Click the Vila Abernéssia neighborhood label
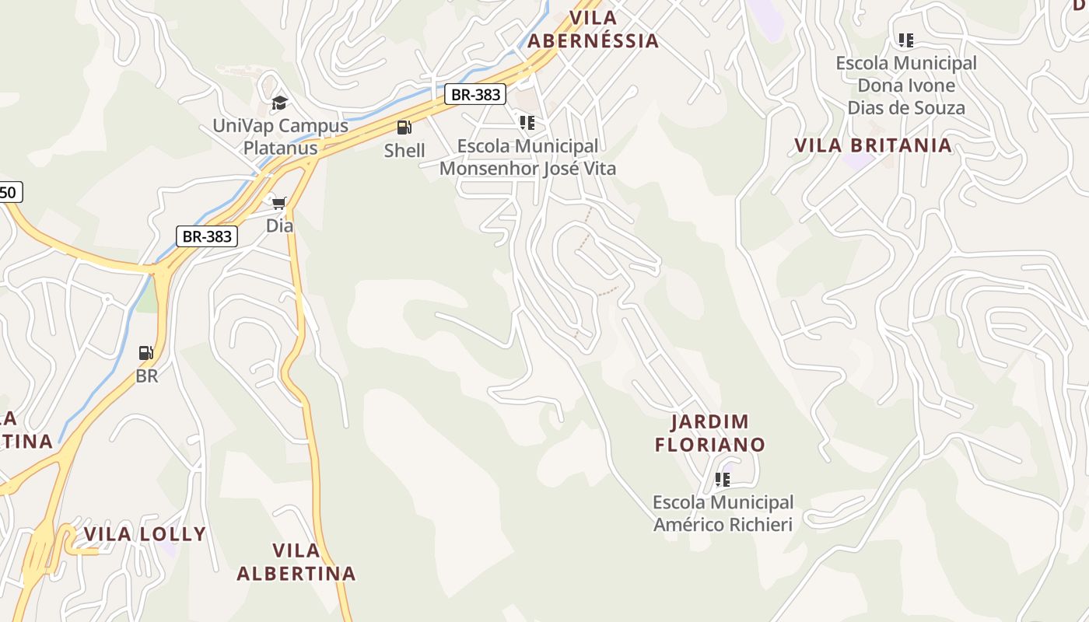pos(593,30)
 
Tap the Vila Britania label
pos(873,145)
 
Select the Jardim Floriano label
pos(709,433)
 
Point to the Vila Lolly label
pos(145,534)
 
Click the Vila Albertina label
pos(296,562)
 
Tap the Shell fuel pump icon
pos(404,128)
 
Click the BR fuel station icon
pos(146,353)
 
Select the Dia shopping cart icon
pos(279,203)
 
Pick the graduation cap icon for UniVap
pos(279,103)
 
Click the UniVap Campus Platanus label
pos(280,137)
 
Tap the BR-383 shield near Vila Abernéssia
pos(476,95)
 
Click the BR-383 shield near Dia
pos(207,236)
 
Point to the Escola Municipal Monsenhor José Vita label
pos(527,157)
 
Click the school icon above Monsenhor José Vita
pos(527,123)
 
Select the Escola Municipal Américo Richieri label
pos(723,513)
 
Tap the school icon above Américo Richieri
pos(723,480)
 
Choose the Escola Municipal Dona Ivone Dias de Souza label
pos(906,86)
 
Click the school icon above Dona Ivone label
pos(905,40)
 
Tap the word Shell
pos(404,151)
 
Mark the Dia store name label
pos(280,226)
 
